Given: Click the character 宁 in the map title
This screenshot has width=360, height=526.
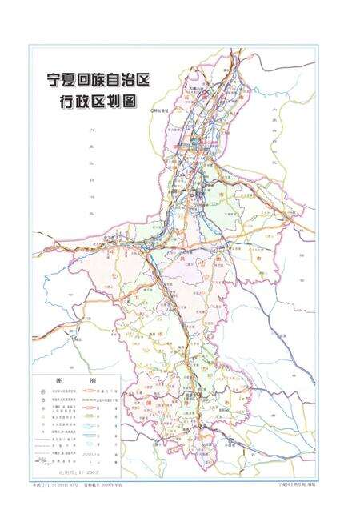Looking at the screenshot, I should (54, 82).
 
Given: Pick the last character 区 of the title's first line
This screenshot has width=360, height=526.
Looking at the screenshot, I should (169, 82).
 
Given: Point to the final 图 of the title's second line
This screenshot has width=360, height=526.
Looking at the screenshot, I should (149, 102).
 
